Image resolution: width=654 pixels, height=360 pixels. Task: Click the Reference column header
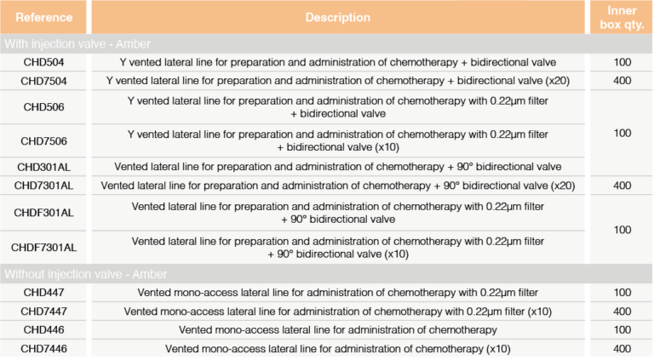click(x=43, y=17)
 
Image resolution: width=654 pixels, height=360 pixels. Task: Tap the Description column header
click(x=337, y=17)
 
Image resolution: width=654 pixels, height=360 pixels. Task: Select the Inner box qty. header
click(x=620, y=16)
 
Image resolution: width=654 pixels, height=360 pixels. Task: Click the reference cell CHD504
click(x=43, y=62)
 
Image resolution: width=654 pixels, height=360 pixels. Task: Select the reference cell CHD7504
click(x=43, y=81)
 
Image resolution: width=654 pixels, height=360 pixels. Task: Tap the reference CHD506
click(x=43, y=107)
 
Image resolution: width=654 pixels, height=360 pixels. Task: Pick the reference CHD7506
click(x=43, y=140)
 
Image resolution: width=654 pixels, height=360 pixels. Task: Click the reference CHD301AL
click(x=43, y=166)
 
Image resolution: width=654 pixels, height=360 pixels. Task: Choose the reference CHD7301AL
click(x=43, y=186)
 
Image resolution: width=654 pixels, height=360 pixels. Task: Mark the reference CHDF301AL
click(x=43, y=213)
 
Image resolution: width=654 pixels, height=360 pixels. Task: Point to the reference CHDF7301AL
click(x=43, y=248)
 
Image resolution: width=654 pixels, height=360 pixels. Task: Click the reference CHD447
click(x=43, y=292)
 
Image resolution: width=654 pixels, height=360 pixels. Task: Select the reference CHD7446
click(x=43, y=348)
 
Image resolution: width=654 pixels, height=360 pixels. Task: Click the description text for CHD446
click(x=337, y=329)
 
